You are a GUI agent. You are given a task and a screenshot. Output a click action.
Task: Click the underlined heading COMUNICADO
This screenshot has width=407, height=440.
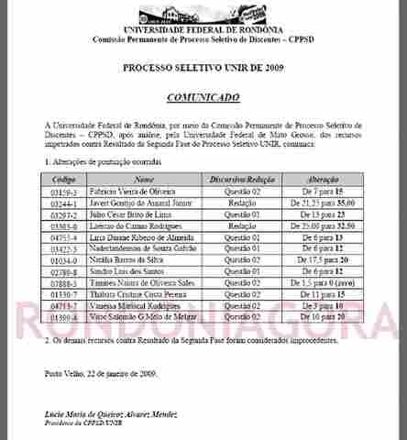point(203,96)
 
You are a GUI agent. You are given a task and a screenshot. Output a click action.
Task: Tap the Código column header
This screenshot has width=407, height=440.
point(65,180)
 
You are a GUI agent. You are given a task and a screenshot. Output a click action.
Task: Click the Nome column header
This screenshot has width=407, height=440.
point(144,180)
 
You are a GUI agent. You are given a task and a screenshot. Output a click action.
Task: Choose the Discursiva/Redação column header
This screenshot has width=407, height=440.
point(242,180)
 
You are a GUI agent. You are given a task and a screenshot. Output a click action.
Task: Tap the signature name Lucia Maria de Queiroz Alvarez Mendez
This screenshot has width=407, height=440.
point(115,415)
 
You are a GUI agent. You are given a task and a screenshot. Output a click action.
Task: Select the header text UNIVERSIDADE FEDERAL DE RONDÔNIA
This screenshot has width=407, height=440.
point(204,32)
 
